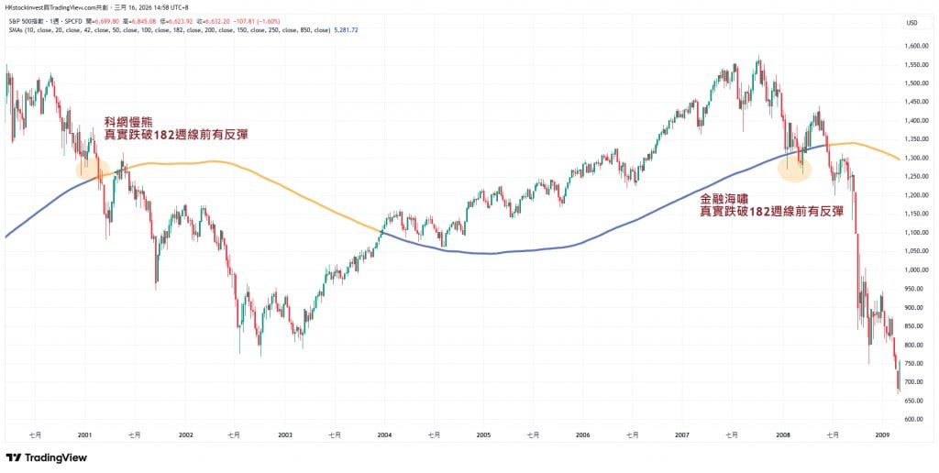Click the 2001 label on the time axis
[85, 434]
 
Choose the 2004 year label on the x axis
[384, 434]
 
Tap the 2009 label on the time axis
[881, 434]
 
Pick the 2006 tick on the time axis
[583, 434]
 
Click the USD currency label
[911, 23]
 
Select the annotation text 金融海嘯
[724, 198]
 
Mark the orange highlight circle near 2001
[93, 168]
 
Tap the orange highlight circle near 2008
[794, 168]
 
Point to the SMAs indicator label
[17, 28]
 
